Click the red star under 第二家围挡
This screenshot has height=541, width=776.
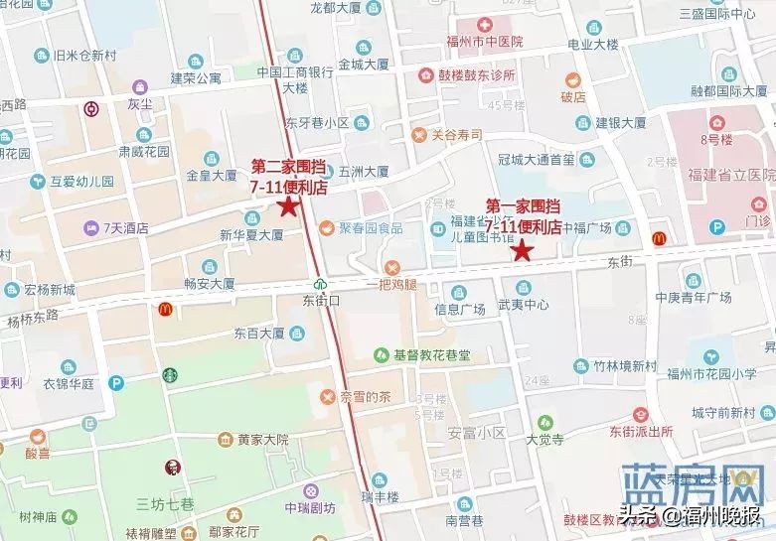[x=288, y=206]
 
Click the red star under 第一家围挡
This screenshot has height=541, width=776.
[x=522, y=250]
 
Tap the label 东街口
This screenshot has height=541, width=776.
[x=321, y=298]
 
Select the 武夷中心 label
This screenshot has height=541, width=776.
[x=523, y=305]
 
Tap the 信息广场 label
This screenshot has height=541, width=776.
[x=460, y=309]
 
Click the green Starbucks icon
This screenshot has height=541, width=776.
[x=170, y=375]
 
